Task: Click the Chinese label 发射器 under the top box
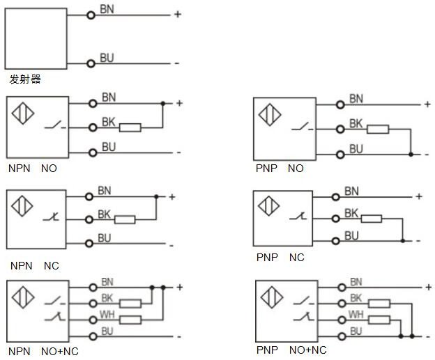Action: pos(25,79)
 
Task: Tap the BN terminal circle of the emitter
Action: pos(91,15)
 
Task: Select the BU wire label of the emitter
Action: pos(107,58)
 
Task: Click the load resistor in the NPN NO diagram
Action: pos(130,127)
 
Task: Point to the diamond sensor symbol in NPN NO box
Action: pos(23,113)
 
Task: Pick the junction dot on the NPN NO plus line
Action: pos(163,104)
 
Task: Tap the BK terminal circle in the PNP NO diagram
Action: pos(340,129)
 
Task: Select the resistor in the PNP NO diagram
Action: pos(378,129)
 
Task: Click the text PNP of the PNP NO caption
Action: pos(266,169)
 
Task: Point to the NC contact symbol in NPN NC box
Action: pos(51,216)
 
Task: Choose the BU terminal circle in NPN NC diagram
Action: pos(89,244)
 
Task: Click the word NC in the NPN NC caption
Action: pos(52,266)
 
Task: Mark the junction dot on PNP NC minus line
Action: pos(402,241)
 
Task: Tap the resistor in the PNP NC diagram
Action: pos(372,219)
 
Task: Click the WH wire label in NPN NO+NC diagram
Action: pos(107,315)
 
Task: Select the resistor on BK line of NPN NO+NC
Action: pos(130,304)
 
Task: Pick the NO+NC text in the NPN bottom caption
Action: pos(60,352)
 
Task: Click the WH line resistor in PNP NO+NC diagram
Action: pos(379,320)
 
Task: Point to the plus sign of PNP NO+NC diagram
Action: pos(428,287)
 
